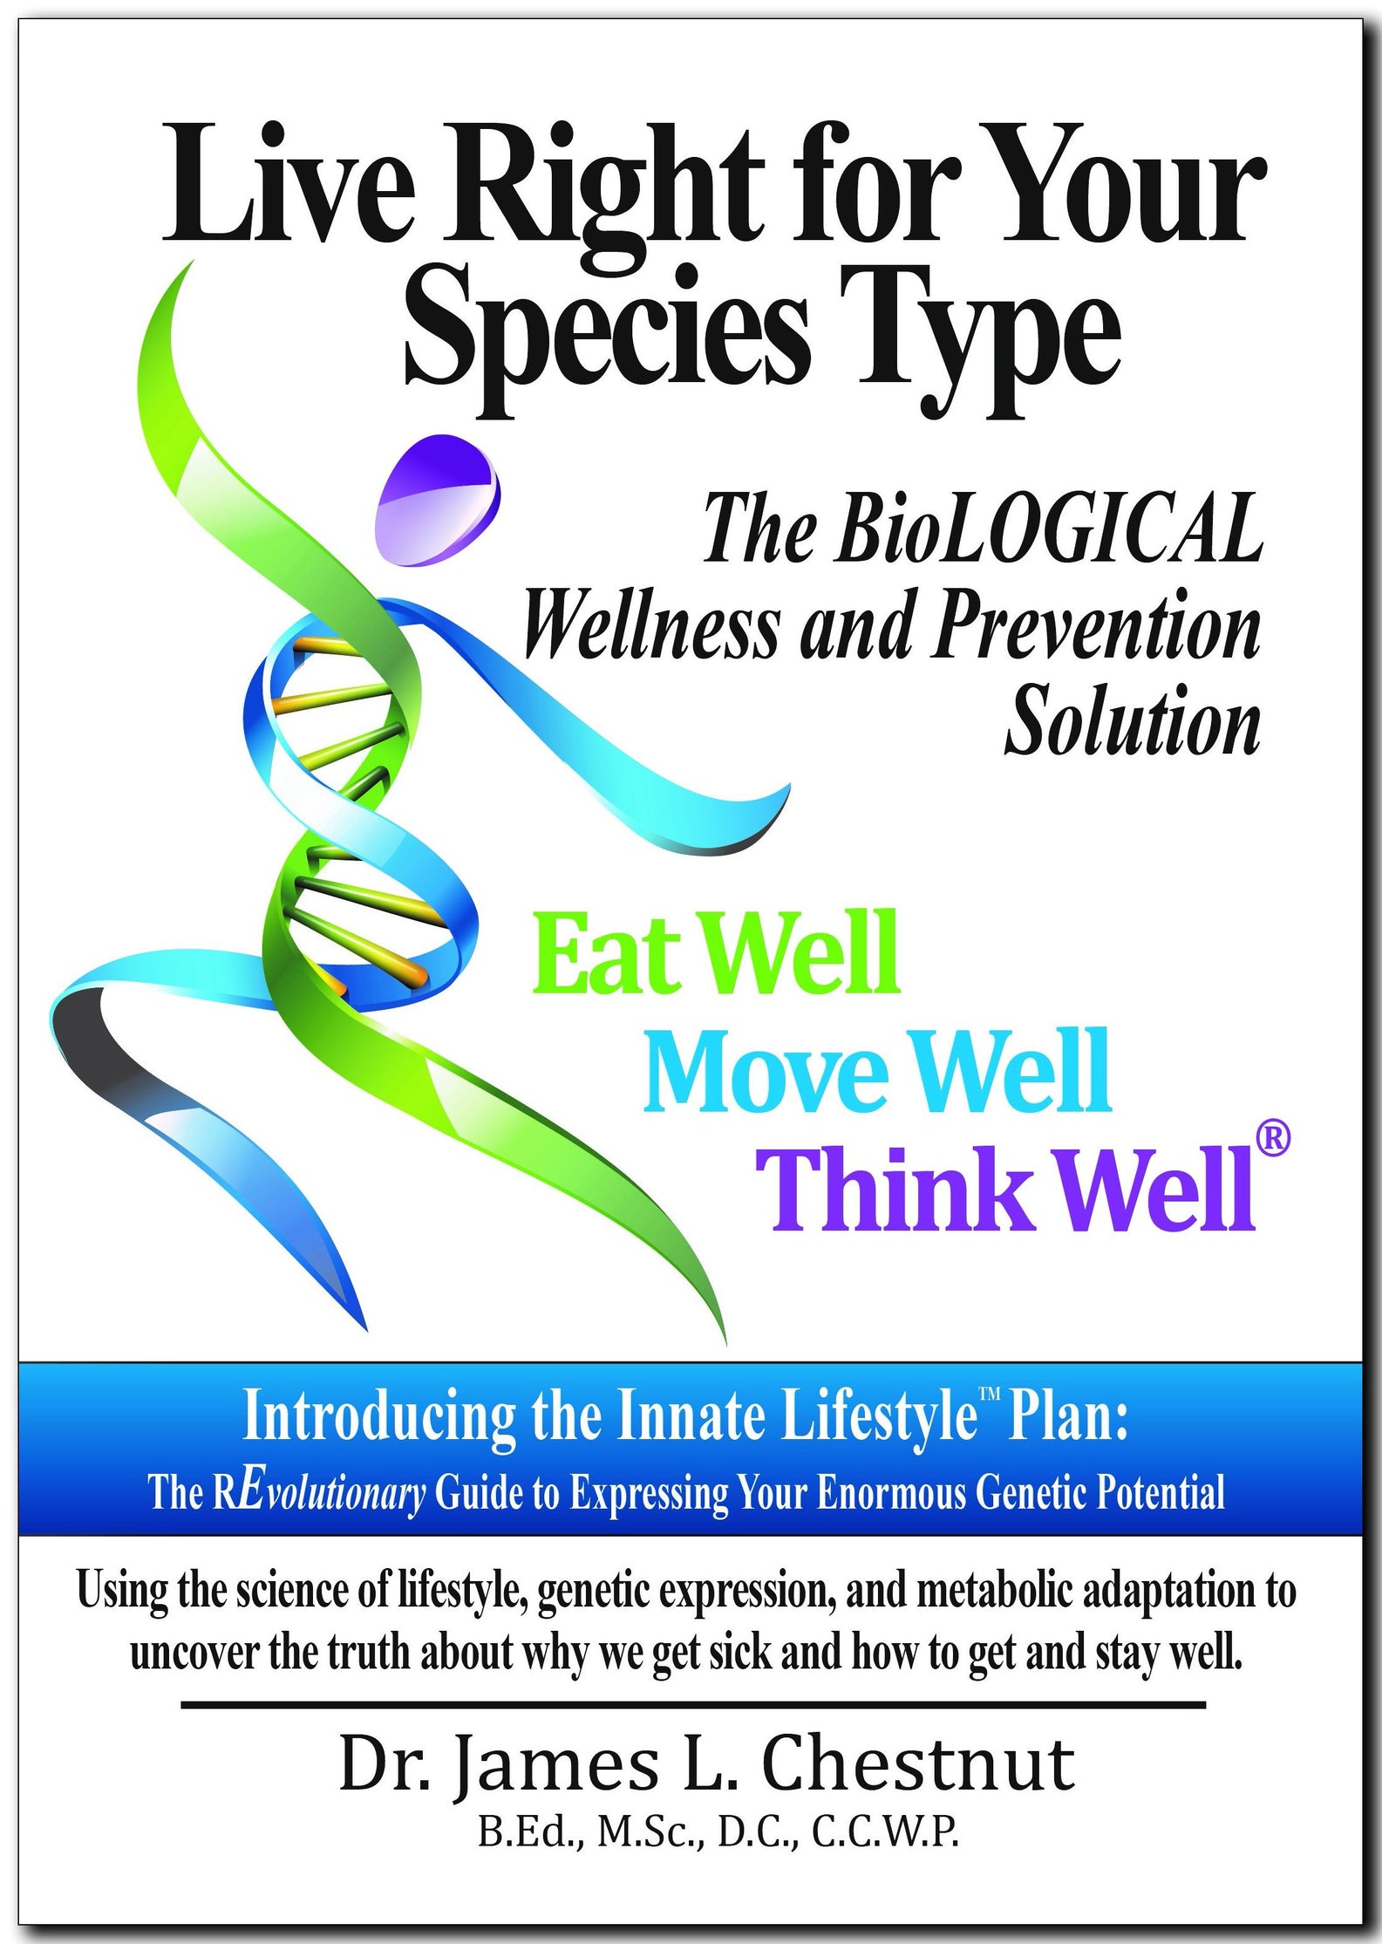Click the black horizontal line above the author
pyautogui.click(x=693, y=1704)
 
